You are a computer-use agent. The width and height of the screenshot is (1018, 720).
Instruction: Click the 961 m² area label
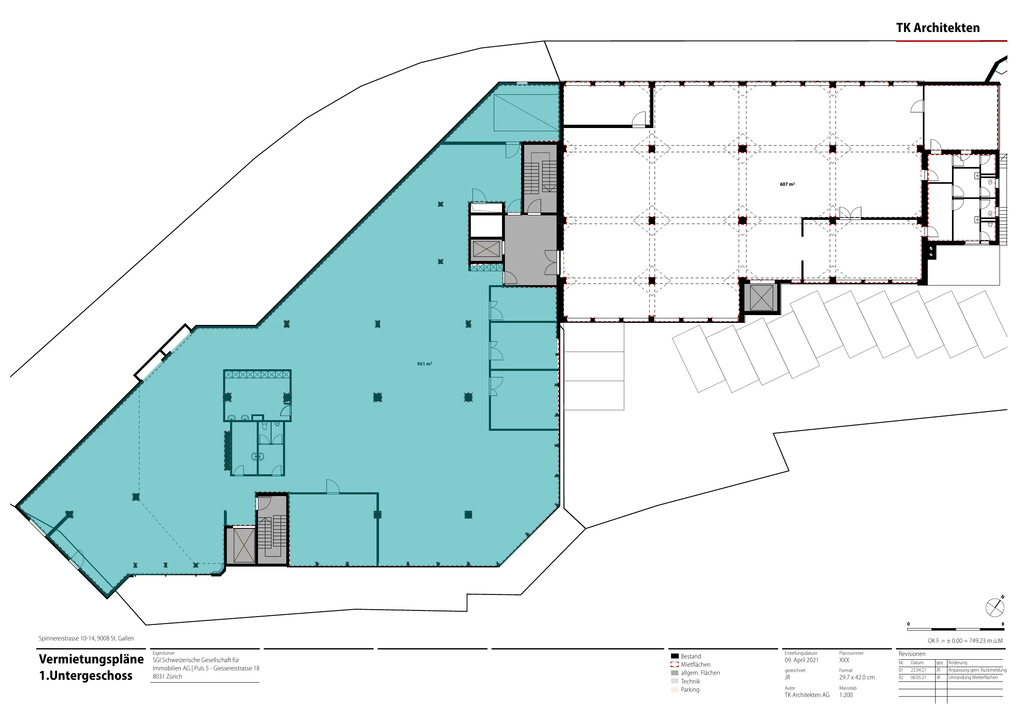click(425, 364)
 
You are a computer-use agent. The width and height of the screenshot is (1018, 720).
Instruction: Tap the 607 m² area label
click(787, 184)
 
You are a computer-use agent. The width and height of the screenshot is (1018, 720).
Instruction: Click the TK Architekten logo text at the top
click(938, 27)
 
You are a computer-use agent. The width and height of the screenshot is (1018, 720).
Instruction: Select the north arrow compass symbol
click(995, 606)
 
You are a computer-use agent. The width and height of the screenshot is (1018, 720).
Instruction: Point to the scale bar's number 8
click(1003, 624)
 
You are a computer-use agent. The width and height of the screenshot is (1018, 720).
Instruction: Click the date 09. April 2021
click(801, 660)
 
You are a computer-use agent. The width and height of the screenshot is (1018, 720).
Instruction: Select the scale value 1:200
click(846, 695)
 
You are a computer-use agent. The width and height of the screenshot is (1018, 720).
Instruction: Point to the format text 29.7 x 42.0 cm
click(857, 677)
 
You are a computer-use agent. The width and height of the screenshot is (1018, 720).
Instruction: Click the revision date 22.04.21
click(918, 670)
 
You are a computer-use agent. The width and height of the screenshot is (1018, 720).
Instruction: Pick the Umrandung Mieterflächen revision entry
click(973, 677)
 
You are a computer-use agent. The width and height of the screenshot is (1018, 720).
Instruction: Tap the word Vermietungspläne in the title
click(91, 659)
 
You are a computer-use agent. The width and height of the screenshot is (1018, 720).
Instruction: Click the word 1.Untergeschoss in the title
click(86, 676)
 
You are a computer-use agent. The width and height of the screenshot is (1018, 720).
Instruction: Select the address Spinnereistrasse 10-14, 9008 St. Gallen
click(86, 638)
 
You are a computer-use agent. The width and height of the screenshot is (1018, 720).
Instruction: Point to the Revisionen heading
click(912, 654)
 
